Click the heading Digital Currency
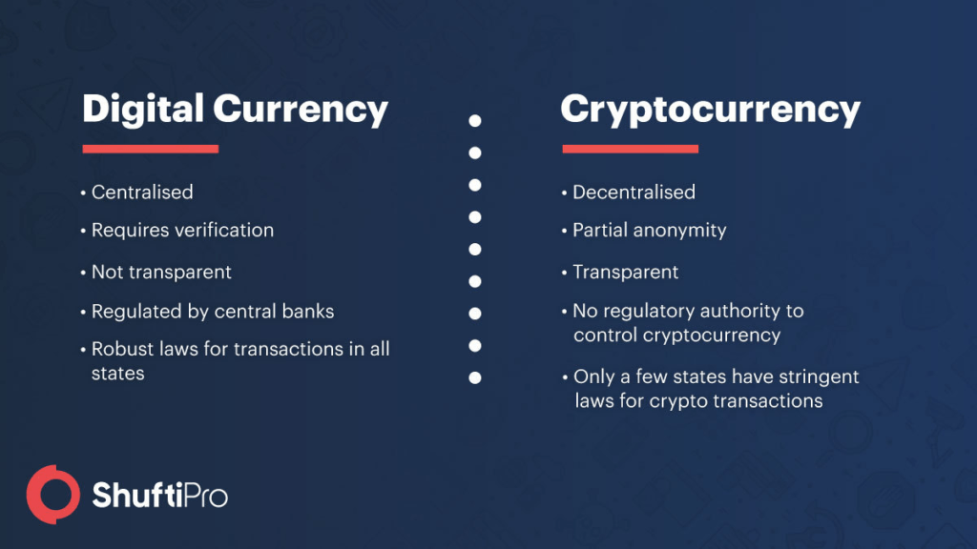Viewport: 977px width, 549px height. (235, 110)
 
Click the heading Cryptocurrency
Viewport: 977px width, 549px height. (710, 110)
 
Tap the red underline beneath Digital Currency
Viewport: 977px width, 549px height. (151, 149)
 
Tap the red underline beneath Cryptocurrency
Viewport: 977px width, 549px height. (631, 149)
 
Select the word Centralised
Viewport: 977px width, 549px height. (142, 193)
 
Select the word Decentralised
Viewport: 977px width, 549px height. (634, 193)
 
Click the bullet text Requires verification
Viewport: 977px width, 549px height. (182, 231)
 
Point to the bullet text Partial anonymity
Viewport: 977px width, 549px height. (649, 231)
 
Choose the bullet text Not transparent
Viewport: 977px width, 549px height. (161, 273)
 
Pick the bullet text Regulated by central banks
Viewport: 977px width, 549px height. (213, 312)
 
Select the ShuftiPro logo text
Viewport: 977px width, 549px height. (159, 497)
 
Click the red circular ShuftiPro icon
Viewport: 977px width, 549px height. (52, 494)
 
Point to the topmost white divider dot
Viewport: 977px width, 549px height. (475, 121)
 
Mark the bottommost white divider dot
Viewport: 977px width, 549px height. (475, 377)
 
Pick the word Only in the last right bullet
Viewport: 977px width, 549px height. (593, 377)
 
